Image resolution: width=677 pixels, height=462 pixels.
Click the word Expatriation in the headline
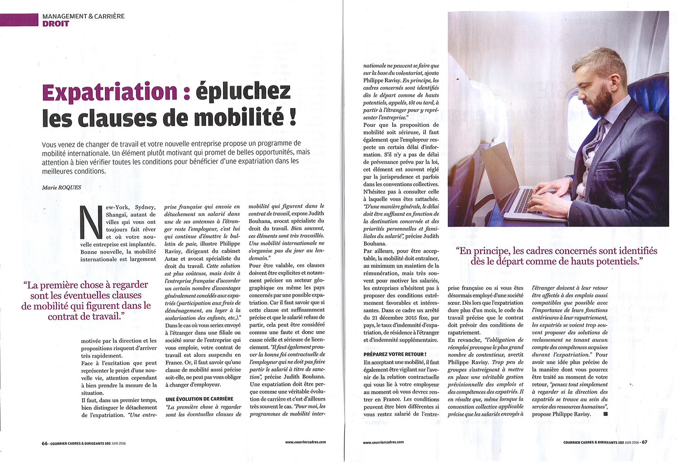[x=110, y=92]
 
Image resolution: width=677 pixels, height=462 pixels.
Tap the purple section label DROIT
[x=56, y=23]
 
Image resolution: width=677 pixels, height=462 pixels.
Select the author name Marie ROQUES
[x=61, y=187]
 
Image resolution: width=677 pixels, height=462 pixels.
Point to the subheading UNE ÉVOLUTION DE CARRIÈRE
[x=199, y=399]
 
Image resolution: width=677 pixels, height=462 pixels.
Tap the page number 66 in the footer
[x=45, y=443]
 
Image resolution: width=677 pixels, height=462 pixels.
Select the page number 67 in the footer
[x=645, y=442]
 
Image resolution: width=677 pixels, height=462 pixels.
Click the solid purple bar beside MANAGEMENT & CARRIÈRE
[x=19, y=20]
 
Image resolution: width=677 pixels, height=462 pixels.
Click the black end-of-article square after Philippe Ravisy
[x=605, y=414]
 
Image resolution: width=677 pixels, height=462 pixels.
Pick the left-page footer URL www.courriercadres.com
[x=306, y=442]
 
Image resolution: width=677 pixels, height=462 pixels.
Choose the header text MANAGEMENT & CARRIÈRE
[x=83, y=16]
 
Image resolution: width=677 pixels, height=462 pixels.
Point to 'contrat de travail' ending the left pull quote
[x=84, y=317]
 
